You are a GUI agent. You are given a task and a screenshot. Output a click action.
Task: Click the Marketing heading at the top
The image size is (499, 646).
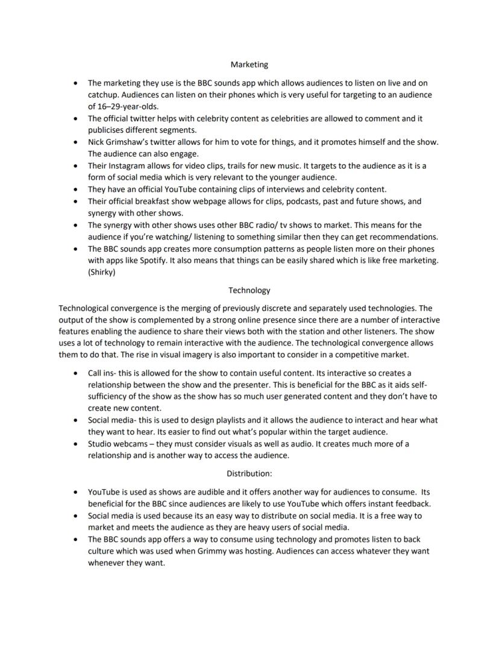pyautogui.click(x=249, y=64)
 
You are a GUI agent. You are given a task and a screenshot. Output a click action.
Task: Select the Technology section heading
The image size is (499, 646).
pyautogui.click(x=249, y=290)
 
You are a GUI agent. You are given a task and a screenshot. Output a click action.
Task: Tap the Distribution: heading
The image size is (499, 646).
pyautogui.click(x=249, y=473)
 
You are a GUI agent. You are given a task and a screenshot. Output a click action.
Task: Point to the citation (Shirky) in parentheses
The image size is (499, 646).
pyautogui.click(x=103, y=271)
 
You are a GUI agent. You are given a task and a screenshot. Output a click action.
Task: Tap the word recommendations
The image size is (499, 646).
pyautogui.click(x=401, y=236)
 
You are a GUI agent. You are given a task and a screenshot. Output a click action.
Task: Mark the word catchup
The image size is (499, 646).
pyautogui.click(x=104, y=95)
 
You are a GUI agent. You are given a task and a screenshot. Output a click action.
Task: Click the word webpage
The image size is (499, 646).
pyautogui.click(x=217, y=201)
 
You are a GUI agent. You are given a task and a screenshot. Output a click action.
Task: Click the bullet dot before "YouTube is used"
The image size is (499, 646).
pyautogui.click(x=74, y=492)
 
